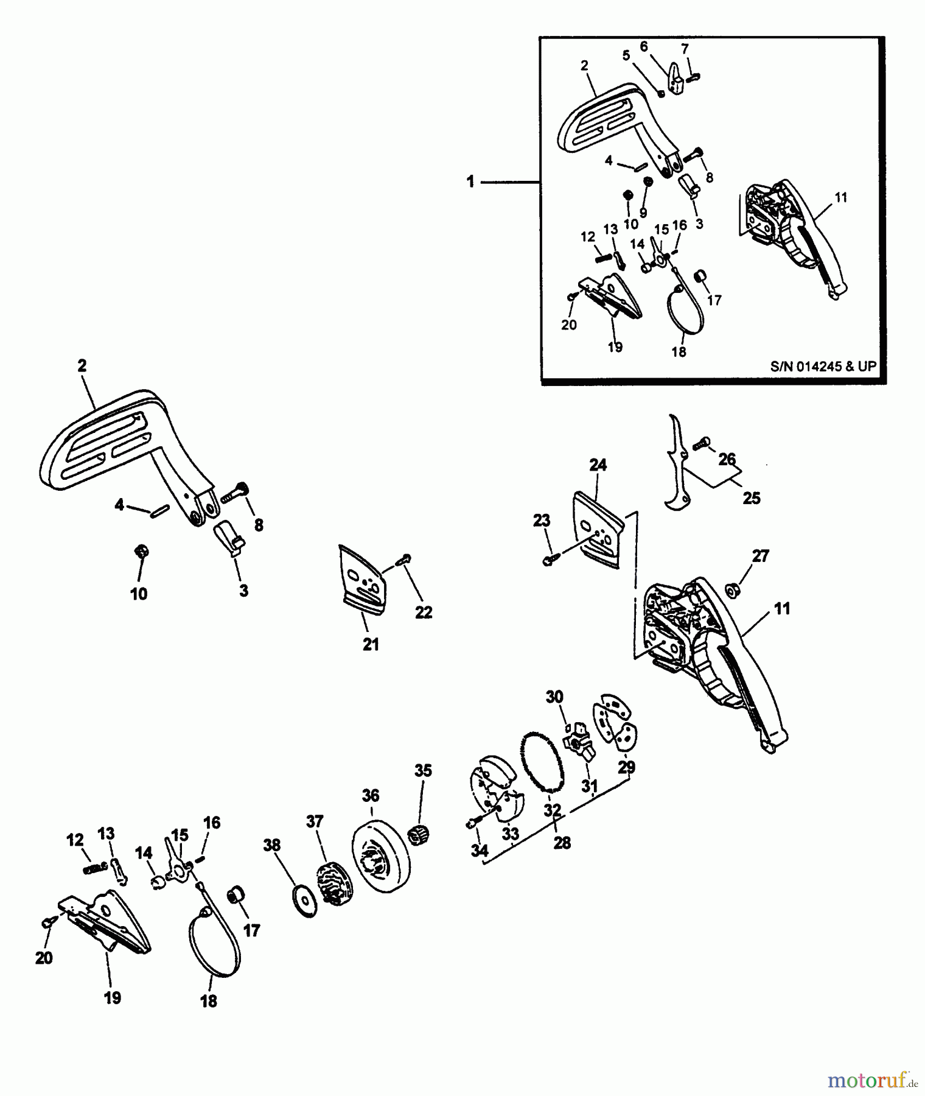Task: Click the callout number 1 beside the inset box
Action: click(470, 181)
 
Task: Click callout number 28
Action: click(561, 843)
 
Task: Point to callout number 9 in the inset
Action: click(643, 214)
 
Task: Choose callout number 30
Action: click(554, 697)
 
